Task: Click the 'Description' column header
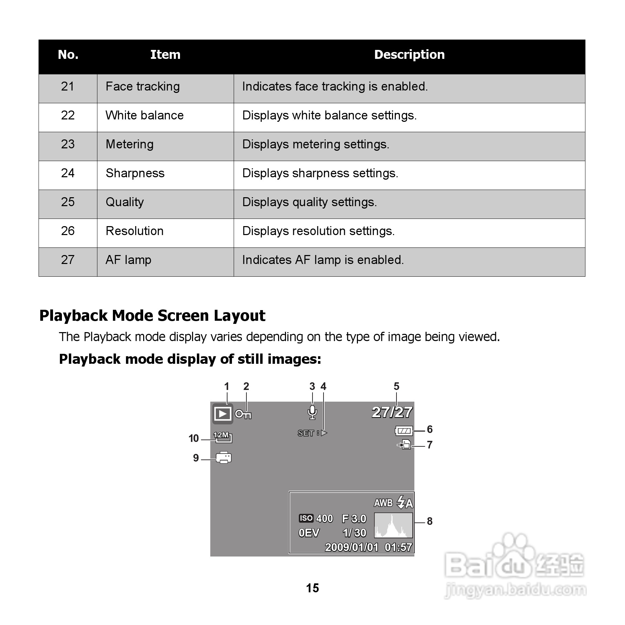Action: click(x=409, y=55)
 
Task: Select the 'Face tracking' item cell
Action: click(x=142, y=86)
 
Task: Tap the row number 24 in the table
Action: click(x=68, y=173)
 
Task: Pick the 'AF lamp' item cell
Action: click(x=128, y=260)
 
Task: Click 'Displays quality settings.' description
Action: click(x=309, y=202)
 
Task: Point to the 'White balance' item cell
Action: click(x=145, y=115)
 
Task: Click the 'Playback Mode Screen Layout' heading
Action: click(x=152, y=316)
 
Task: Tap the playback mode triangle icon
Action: click(x=223, y=413)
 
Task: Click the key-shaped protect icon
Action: click(x=243, y=414)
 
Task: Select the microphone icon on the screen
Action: click(x=312, y=412)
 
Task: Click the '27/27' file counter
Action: click(x=392, y=412)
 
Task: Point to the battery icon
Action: click(x=404, y=431)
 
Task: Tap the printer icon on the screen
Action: click(x=224, y=457)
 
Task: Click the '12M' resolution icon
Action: click(x=223, y=437)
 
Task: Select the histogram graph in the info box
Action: click(x=393, y=525)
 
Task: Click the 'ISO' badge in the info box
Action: click(x=306, y=518)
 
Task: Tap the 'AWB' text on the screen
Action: click(x=383, y=503)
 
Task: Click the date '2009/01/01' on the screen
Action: click(x=351, y=547)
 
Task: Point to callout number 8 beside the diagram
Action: click(x=430, y=521)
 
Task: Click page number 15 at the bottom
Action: click(x=312, y=588)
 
